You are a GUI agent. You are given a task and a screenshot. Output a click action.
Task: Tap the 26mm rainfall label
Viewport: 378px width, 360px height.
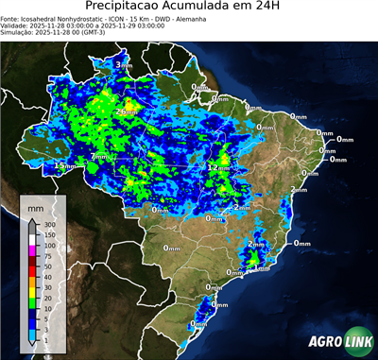126,111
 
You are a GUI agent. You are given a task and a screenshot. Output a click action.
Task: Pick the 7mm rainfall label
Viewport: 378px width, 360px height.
98,157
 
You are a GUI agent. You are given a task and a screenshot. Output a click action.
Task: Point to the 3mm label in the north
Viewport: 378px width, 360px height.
124,64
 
